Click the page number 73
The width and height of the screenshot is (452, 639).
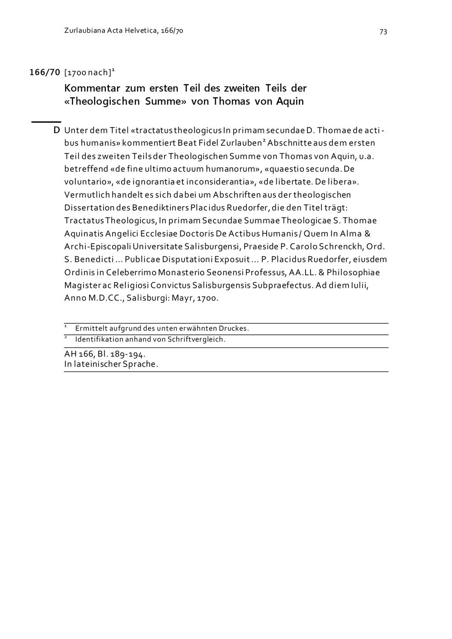pos(383,32)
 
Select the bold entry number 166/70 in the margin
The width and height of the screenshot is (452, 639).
pos(45,72)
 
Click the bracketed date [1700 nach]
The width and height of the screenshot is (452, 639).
pos(88,72)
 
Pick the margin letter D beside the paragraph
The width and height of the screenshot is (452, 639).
pos(57,131)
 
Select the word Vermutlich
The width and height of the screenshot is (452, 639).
pos(86,195)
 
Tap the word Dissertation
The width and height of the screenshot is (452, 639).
pos(90,208)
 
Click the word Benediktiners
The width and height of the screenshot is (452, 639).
pos(160,208)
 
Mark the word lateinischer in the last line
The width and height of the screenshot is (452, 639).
pos(97,364)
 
